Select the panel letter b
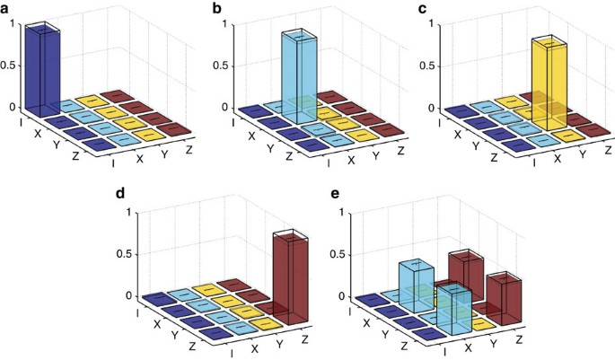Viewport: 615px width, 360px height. point(216,8)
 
